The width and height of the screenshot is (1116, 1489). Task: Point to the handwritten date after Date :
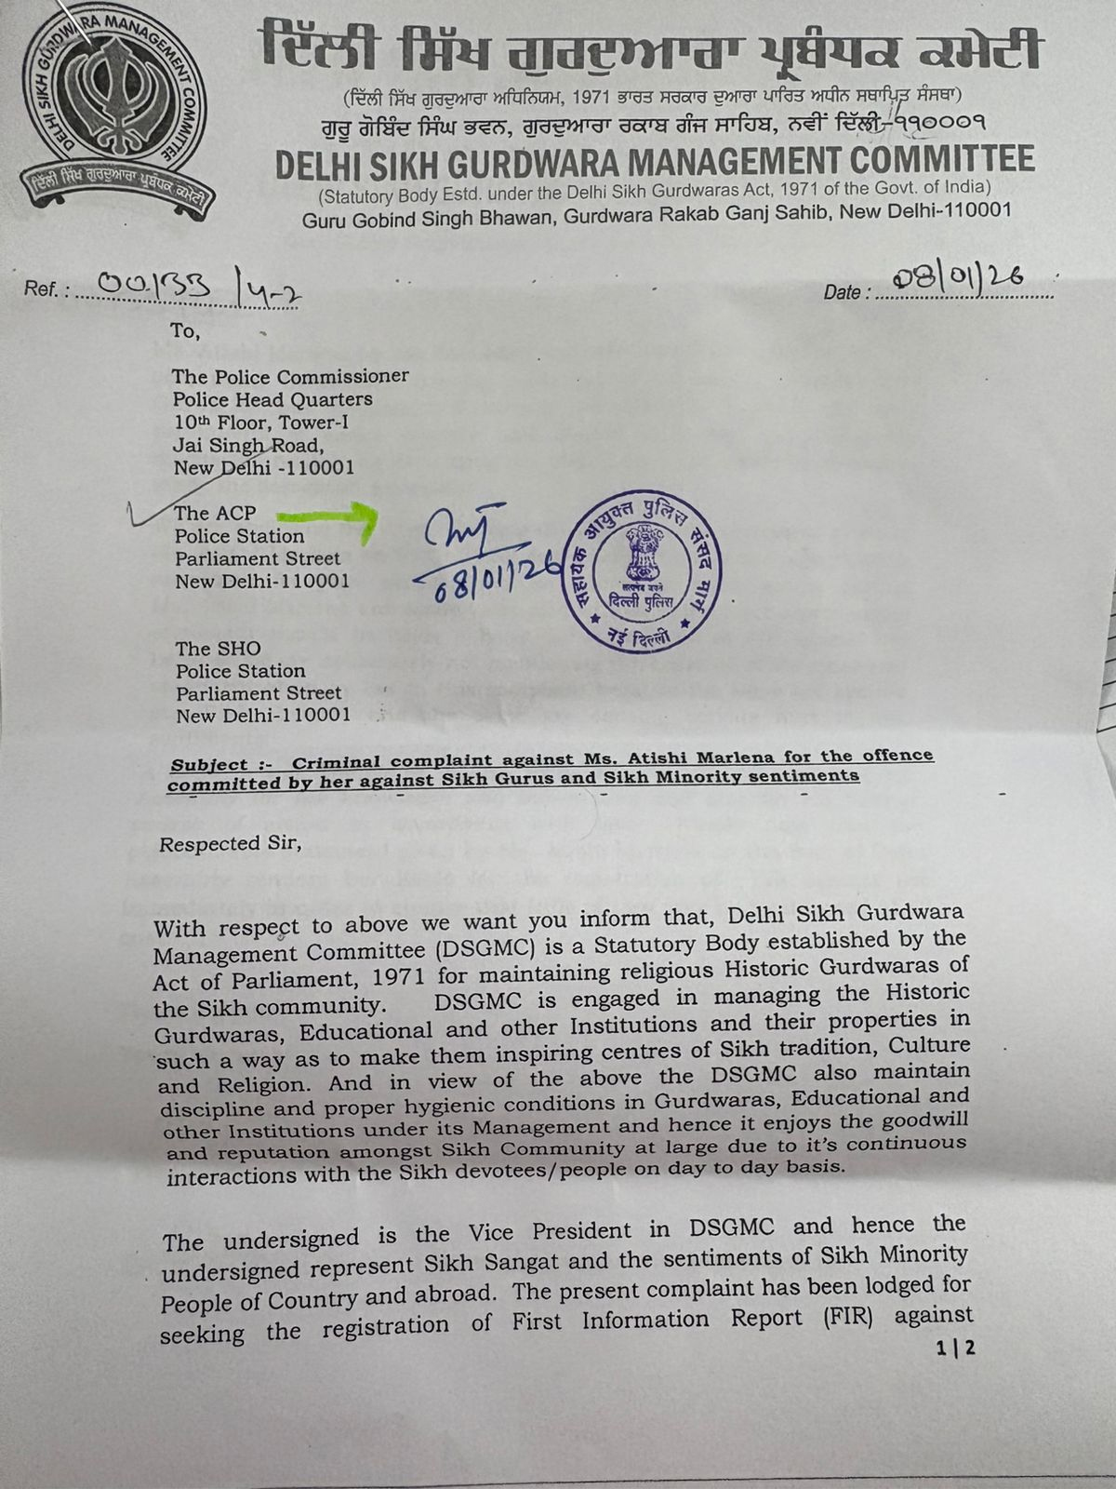(957, 276)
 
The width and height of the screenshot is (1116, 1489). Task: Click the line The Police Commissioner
(290, 377)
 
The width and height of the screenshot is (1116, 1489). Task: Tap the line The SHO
(219, 649)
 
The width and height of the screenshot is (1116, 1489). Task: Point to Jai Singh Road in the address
(248, 445)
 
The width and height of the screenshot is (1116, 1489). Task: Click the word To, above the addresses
(184, 330)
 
